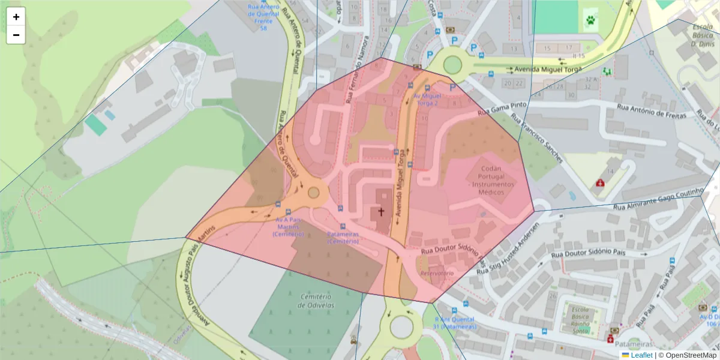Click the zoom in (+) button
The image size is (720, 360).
[16, 17]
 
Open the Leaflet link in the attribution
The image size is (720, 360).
[641, 355]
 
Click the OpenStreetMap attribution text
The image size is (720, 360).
[688, 355]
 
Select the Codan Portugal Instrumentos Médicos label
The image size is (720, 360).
[491, 181]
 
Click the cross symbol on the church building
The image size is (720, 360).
[380, 212]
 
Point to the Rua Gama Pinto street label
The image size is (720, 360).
[502, 108]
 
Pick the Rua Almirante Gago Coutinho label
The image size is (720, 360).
[657, 199]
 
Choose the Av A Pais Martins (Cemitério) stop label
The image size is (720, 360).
[288, 227]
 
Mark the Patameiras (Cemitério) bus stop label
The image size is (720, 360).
[343, 238]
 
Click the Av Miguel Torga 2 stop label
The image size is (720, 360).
[427, 99]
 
